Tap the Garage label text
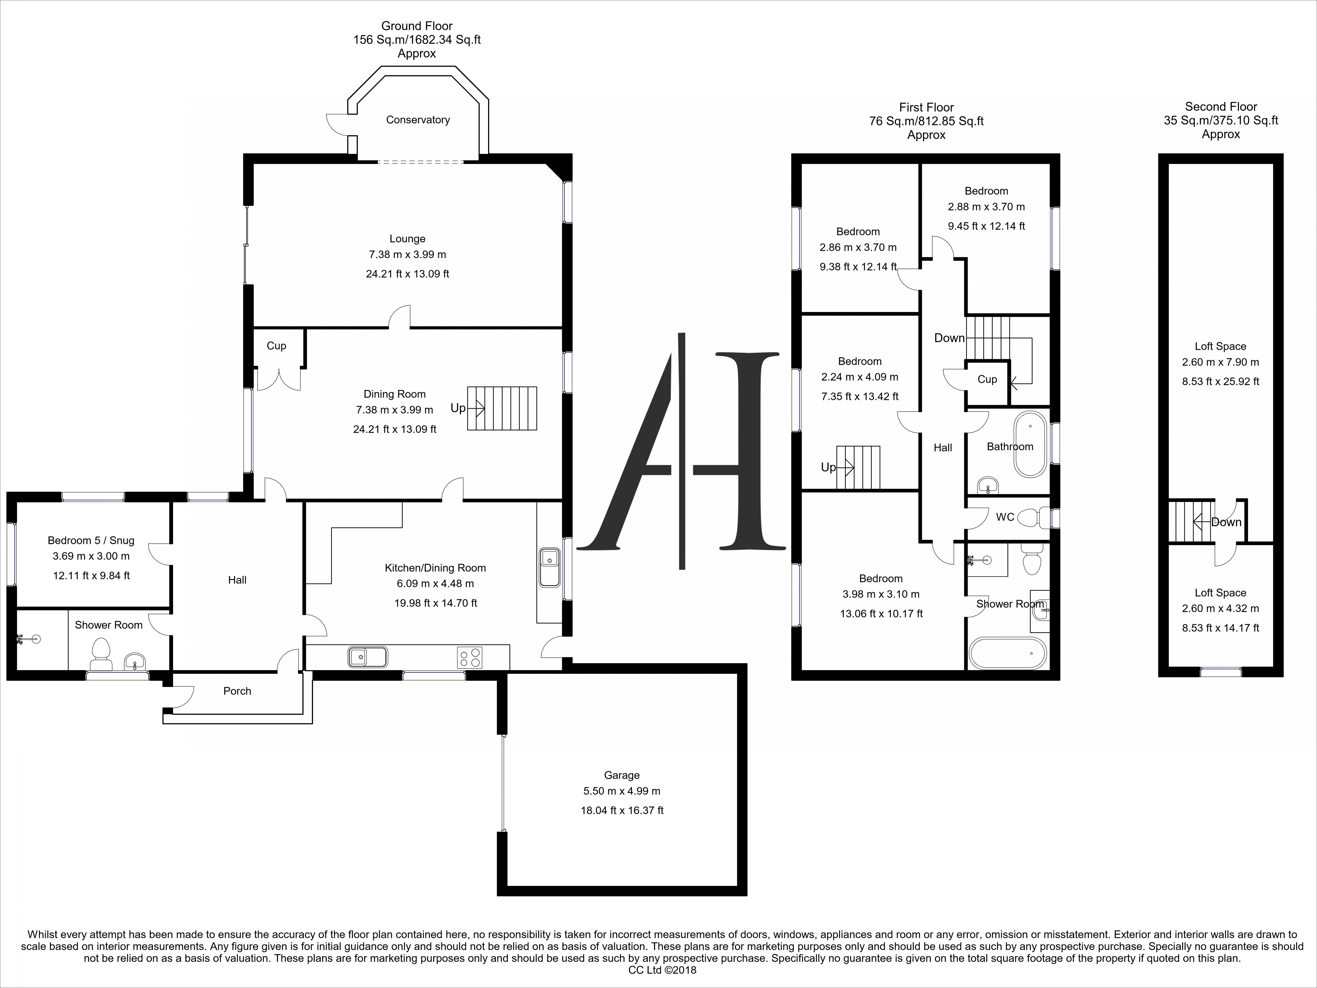pyautogui.click(x=622, y=775)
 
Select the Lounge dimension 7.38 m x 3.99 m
pyautogui.click(x=407, y=254)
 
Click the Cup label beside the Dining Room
pyautogui.click(x=276, y=345)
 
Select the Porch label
pyautogui.click(x=237, y=691)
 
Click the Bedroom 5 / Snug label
pyautogui.click(x=91, y=540)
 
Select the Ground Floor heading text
pyautogui.click(x=417, y=26)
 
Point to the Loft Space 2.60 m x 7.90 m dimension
pyautogui.click(x=1221, y=362)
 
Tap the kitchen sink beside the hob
pyautogui.click(x=367, y=657)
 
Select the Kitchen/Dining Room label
pyautogui.click(x=435, y=568)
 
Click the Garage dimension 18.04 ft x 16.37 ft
pyautogui.click(x=622, y=810)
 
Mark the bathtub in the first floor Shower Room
pyautogui.click(x=1008, y=653)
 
